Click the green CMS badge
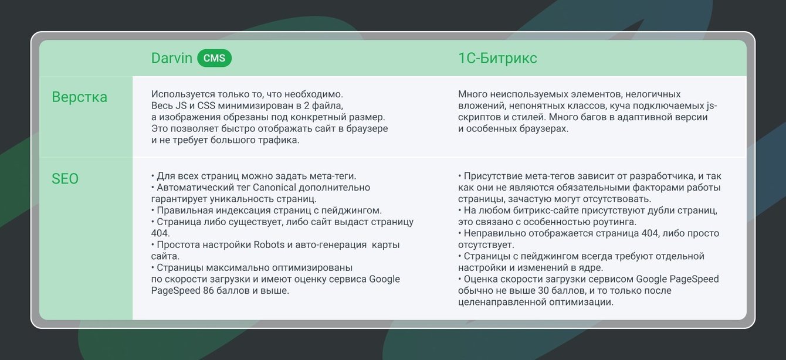click(x=214, y=58)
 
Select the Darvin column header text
click(x=172, y=58)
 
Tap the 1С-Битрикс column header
click(x=497, y=58)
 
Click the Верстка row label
click(x=79, y=97)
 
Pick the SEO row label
click(x=65, y=179)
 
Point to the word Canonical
click(x=274, y=188)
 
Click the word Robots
click(x=269, y=244)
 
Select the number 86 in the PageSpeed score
click(x=208, y=291)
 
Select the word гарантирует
click(x=179, y=199)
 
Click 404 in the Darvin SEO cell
click(x=160, y=233)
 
